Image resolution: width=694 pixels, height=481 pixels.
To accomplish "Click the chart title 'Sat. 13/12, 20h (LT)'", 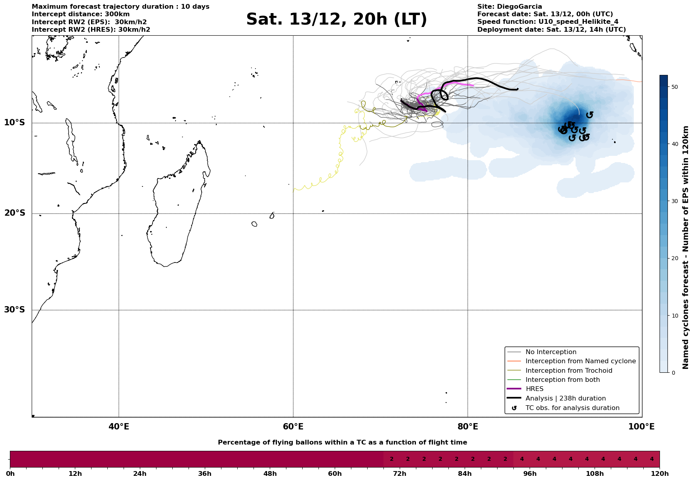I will tap(336, 19).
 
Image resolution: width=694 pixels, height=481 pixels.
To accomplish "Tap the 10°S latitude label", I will tap(15, 123).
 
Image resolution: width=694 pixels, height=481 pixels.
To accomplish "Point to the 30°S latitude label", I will tap(15, 310).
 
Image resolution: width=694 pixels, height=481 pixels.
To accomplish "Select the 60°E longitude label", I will tap(293, 427).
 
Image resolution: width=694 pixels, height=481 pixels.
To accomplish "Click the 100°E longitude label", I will tap(642, 427).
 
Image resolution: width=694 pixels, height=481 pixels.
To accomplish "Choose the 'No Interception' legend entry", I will tap(551, 352).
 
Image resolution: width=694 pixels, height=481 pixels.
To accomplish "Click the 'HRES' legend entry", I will tap(534, 389).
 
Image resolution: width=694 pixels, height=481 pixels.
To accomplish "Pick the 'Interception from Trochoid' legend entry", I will tap(568, 371).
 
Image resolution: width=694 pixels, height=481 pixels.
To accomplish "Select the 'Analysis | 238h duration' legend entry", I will tap(565, 399).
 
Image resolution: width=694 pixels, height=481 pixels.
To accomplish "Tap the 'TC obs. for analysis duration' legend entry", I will tap(572, 408).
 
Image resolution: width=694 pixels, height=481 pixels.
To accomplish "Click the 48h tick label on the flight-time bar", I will tap(270, 474).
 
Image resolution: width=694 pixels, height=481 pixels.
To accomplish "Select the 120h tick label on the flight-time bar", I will tap(660, 474).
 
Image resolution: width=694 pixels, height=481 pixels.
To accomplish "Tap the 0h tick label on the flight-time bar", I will tap(10, 474).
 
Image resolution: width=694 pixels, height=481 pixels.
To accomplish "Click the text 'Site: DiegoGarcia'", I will tap(509, 7).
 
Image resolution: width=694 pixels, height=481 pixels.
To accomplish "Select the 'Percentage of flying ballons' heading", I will tap(342, 443).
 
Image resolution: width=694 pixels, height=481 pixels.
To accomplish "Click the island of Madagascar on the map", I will tap(176, 214).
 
